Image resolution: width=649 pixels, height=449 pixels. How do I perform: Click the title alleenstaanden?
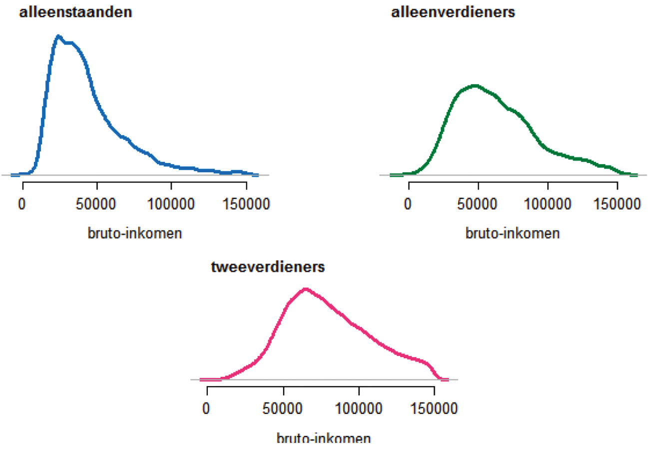[75, 12]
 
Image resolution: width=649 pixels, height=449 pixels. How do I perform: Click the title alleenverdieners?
[454, 12]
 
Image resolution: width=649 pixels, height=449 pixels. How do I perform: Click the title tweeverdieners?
[268, 267]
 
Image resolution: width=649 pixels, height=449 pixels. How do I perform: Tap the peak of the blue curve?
[58, 36]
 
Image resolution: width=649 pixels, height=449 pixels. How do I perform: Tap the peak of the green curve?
[475, 85]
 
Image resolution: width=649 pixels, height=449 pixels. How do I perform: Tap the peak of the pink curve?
[306, 289]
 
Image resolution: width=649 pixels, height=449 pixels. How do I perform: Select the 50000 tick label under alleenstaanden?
[97, 204]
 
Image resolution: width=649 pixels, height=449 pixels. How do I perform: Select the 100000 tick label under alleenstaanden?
[171, 204]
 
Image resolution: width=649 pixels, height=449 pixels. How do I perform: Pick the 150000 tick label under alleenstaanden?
[245, 204]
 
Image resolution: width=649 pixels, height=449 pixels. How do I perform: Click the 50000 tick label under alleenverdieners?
[478, 204]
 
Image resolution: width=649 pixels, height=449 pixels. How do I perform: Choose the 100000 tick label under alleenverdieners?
[548, 204]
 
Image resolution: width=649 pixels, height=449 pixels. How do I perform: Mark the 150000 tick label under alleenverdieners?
[617, 204]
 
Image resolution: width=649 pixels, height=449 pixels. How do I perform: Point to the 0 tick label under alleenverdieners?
[408, 204]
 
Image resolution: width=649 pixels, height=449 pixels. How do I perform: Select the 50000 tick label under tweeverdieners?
[283, 408]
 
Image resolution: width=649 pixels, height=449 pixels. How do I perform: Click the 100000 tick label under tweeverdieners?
[359, 408]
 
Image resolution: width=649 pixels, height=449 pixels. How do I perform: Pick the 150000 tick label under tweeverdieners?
[434, 408]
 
